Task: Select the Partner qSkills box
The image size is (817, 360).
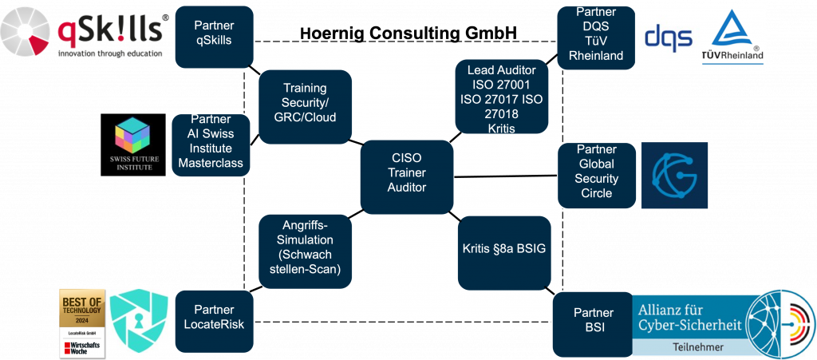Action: (x=213, y=33)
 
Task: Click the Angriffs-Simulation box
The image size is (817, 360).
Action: (x=305, y=247)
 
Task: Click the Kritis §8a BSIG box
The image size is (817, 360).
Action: (x=505, y=249)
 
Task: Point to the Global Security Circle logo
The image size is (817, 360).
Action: (x=674, y=175)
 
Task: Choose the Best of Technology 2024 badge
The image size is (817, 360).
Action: (x=82, y=322)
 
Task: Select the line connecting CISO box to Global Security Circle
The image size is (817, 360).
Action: (x=507, y=176)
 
